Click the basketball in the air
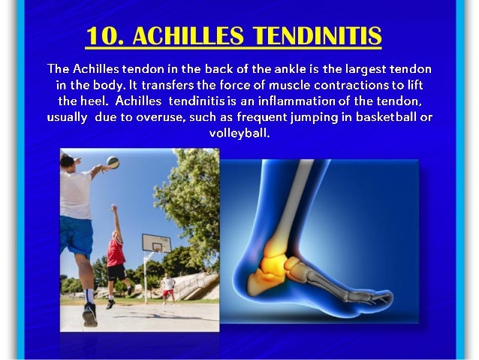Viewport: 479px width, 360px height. coord(113,162)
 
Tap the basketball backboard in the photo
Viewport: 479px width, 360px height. coord(157,244)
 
